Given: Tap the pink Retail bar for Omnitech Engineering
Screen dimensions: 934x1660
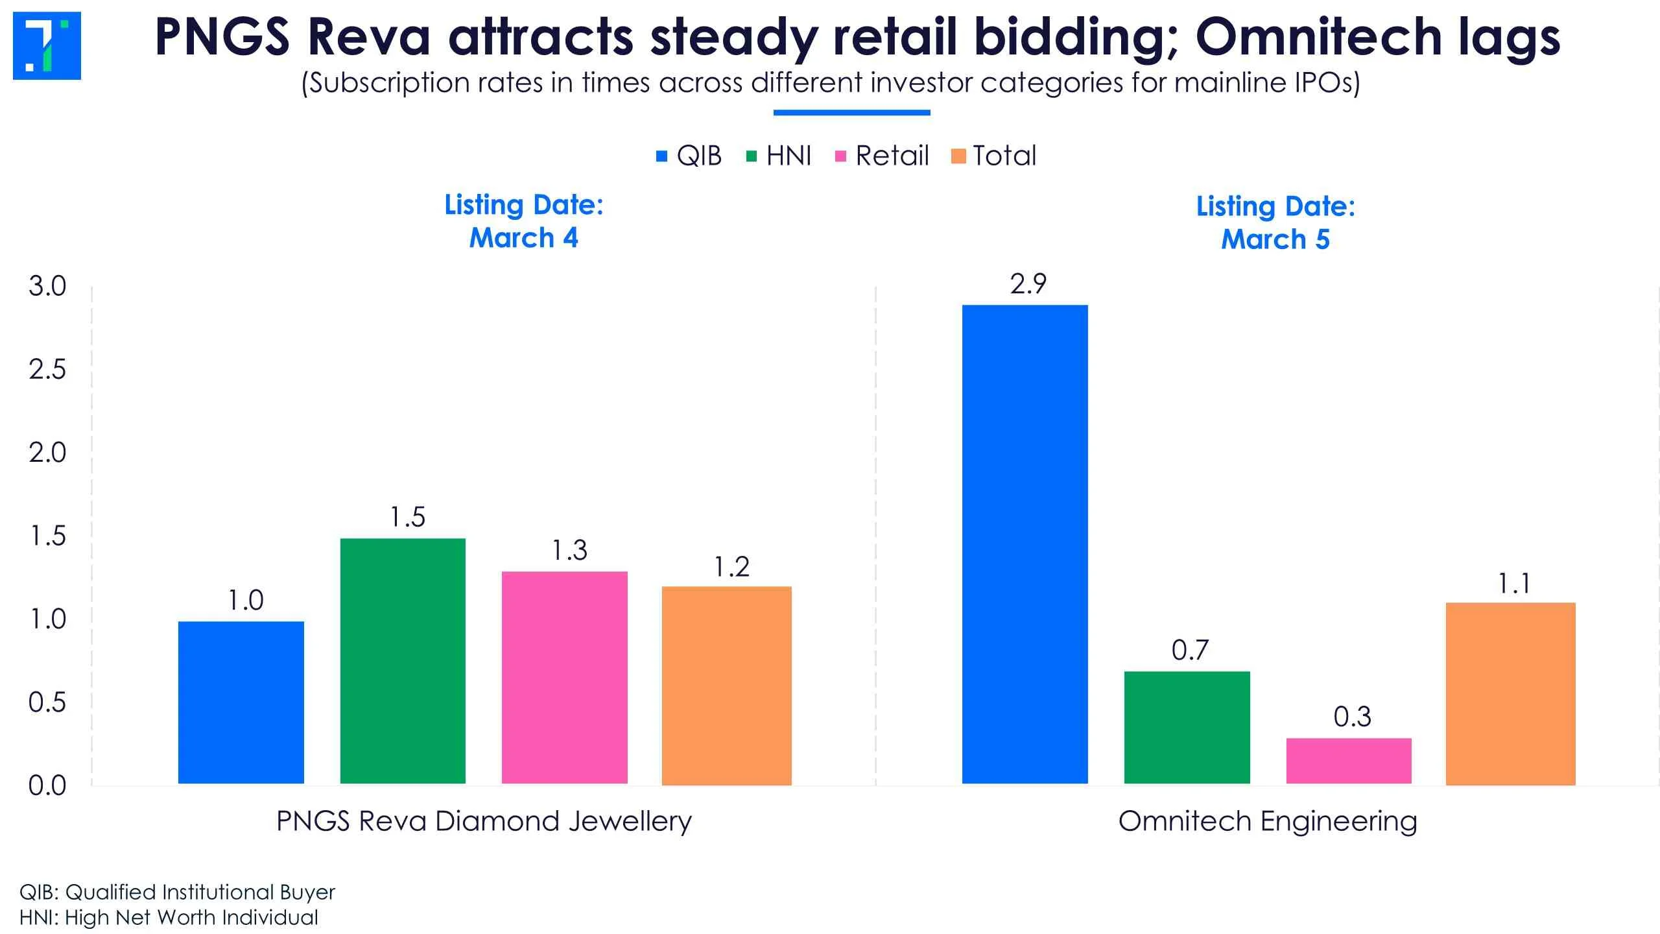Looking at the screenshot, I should click(x=1349, y=760).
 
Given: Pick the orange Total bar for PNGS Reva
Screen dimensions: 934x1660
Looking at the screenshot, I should click(x=726, y=685).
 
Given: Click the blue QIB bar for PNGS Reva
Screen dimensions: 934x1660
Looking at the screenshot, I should click(x=241, y=702).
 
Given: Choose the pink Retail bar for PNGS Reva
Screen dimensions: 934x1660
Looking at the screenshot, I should click(x=564, y=677).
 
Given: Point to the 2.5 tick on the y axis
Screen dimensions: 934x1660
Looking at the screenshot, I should click(x=47, y=370).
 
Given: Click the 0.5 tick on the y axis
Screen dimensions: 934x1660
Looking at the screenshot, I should click(x=47, y=702).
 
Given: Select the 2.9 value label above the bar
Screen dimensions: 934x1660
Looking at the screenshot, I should click(x=1028, y=284).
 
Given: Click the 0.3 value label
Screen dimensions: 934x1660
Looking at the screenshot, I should click(x=1352, y=717).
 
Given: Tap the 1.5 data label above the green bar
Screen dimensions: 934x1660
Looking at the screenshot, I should click(x=407, y=517).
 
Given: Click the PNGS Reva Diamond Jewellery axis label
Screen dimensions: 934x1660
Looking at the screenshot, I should click(x=484, y=821).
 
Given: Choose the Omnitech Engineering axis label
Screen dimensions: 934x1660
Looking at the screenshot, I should click(x=1268, y=821).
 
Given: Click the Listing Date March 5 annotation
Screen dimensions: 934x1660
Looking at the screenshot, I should click(x=1275, y=222).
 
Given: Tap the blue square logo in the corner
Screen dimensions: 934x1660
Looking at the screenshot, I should click(x=47, y=45).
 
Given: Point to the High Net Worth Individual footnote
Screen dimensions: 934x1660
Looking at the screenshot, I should click(x=169, y=917).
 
